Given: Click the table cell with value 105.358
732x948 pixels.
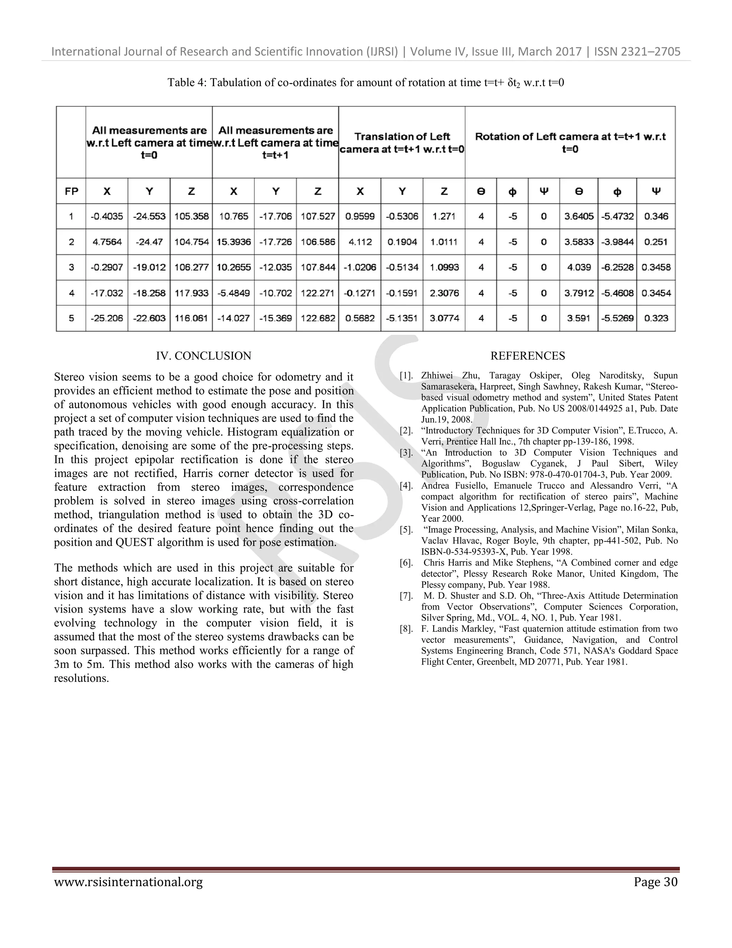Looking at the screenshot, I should click(191, 216).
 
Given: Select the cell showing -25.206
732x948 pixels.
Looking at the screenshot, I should click(107, 318).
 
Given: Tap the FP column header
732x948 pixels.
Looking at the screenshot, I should click(71, 191).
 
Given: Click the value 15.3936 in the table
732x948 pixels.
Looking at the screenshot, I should click(233, 242).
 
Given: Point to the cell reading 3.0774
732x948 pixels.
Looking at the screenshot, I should click(444, 318).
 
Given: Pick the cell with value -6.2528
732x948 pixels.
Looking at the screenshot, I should click(617, 267).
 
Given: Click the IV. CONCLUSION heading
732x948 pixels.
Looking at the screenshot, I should click(203, 356).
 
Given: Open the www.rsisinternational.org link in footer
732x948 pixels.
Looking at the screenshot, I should click(128, 882).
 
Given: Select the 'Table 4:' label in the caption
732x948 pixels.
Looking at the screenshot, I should click(187, 83).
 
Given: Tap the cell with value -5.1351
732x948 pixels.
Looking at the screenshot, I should click(402, 318).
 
